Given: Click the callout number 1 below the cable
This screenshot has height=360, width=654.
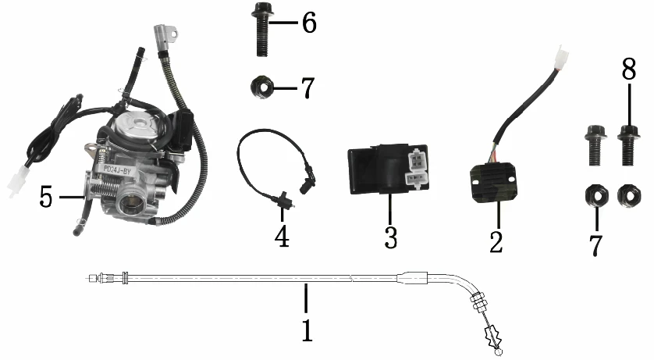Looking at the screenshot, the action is [x=307, y=330].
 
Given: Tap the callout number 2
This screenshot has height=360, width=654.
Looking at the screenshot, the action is [x=496, y=241].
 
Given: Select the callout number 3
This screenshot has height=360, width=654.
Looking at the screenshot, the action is [x=390, y=237].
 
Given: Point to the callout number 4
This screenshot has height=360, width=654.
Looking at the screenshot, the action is [x=282, y=236].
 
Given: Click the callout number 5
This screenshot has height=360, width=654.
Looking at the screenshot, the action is [x=46, y=197].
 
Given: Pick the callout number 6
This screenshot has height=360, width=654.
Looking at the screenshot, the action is [x=309, y=22].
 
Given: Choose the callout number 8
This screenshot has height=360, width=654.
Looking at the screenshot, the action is [x=629, y=69].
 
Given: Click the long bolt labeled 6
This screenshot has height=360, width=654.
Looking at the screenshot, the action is [x=262, y=29].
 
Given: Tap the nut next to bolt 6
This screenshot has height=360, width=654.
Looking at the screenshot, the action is [x=262, y=87].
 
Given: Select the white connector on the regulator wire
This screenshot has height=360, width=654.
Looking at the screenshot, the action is [x=561, y=56].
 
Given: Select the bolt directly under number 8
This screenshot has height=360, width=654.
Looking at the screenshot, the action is [x=628, y=144].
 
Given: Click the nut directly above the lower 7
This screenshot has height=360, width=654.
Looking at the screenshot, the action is [x=596, y=196].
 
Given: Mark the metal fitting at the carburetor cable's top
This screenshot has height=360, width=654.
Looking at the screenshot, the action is [x=165, y=35].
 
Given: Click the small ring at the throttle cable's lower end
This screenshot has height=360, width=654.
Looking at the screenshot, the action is [x=498, y=353].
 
